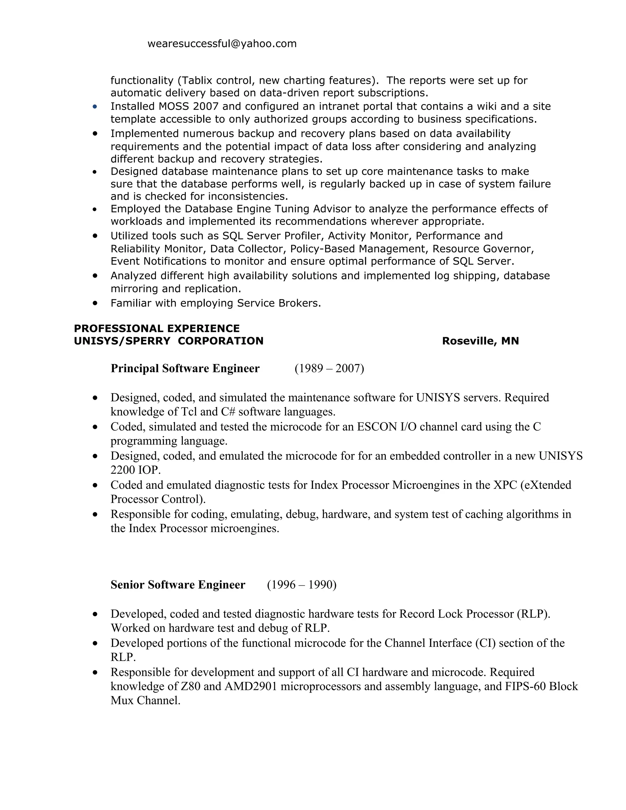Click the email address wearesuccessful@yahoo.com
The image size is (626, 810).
click(222, 44)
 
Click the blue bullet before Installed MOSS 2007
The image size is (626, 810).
click(95, 107)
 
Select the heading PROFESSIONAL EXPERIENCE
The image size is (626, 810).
click(156, 328)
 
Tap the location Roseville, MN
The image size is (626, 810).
click(480, 341)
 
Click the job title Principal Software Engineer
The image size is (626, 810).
click(185, 368)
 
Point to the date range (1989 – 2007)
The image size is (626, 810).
click(329, 368)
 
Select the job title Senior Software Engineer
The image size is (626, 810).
click(178, 584)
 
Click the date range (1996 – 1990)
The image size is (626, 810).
click(301, 584)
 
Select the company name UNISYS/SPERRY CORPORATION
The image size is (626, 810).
click(168, 341)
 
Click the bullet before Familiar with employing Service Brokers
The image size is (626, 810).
click(95, 303)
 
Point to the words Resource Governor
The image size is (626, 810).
click(483, 249)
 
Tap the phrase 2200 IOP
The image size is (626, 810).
click(135, 470)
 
